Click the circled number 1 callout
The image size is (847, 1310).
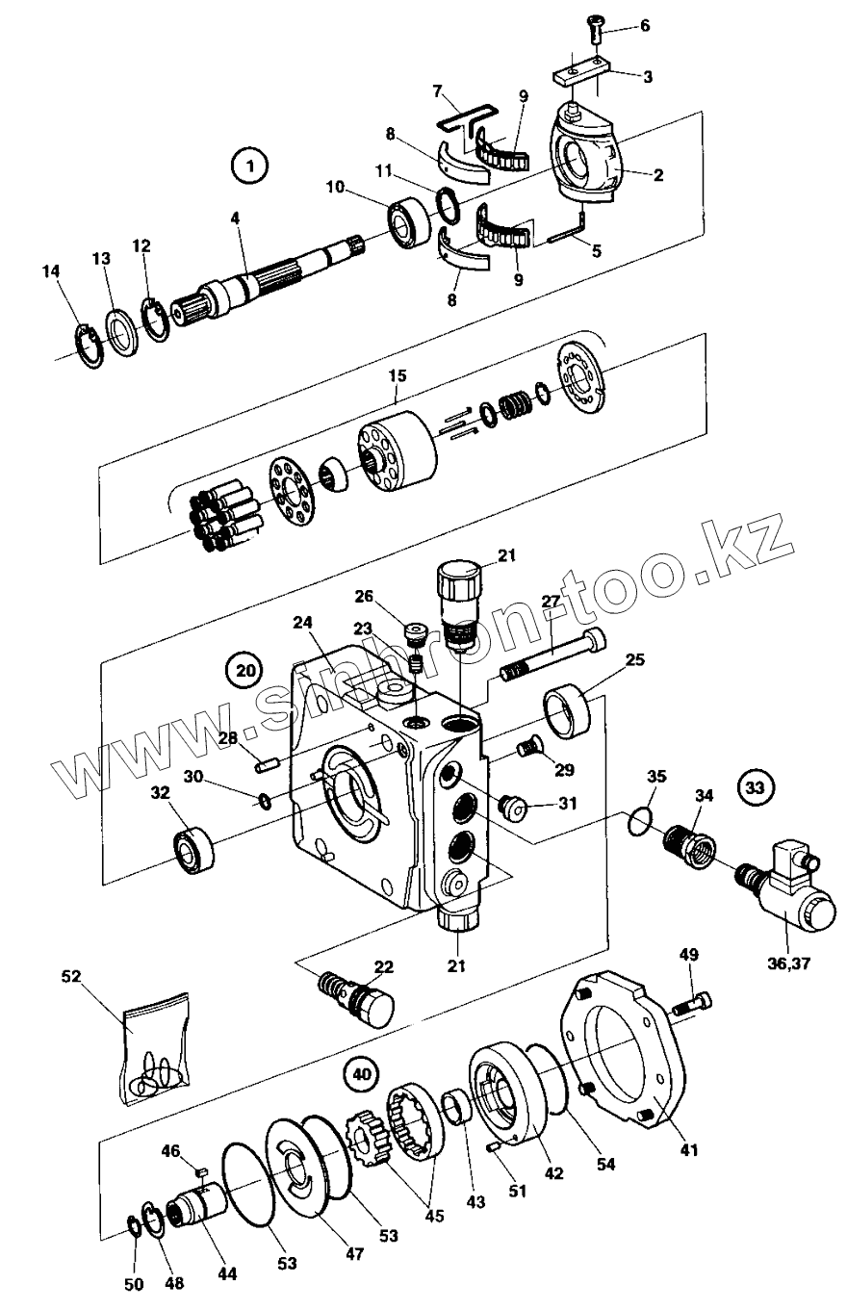249,166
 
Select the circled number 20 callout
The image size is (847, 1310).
244,667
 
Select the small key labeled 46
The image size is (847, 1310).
201,1171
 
